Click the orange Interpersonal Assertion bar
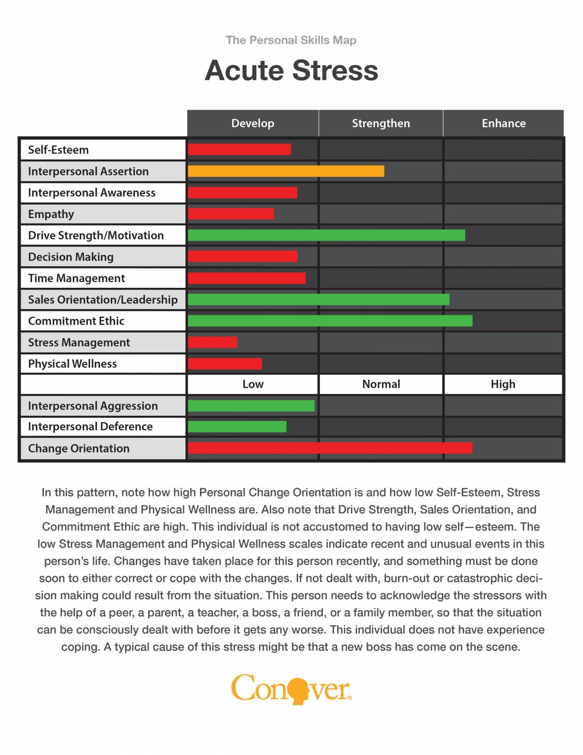coord(286,171)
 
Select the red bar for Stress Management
coord(213,342)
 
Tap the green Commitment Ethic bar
coord(330,321)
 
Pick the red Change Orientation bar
coord(330,448)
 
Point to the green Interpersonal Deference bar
coord(237,427)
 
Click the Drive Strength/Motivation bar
coord(326,235)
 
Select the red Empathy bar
coord(231,214)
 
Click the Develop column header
coord(253,123)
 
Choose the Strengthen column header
coord(381,123)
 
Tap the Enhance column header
coord(503,123)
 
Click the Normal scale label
coord(381,384)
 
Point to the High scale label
coord(503,384)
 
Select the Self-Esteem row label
coord(58,150)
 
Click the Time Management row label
coord(76,278)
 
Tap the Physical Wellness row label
coord(73,364)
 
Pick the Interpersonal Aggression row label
coord(93,406)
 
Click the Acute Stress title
coord(291,70)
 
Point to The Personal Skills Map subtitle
coord(291,40)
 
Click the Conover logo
coord(291,689)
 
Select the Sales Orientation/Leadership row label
coord(103,300)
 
